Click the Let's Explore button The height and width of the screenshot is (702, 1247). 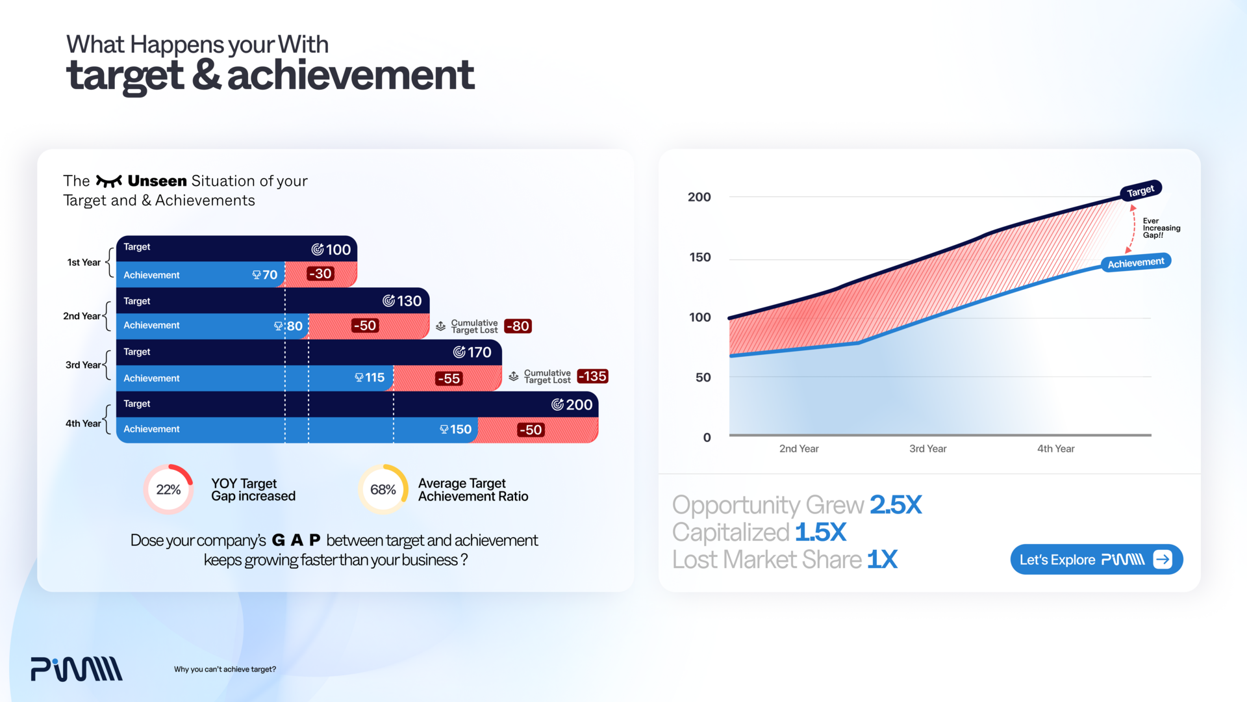(1096, 560)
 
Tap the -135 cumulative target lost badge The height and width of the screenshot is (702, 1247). (592, 376)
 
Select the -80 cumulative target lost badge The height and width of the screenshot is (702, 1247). (518, 326)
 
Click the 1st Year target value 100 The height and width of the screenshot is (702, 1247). (332, 250)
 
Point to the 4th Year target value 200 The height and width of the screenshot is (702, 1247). (572, 404)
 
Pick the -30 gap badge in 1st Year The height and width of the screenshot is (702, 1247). (320, 274)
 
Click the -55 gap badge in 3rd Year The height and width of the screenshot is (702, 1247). (449, 378)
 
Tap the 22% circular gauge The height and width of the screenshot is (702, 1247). (168, 489)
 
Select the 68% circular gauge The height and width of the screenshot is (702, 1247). (383, 489)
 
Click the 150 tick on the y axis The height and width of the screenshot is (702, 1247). (700, 257)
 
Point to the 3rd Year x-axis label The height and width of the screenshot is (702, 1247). (927, 448)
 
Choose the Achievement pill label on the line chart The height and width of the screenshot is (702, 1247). (1136, 263)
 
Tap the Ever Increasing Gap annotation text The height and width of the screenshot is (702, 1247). (1161, 228)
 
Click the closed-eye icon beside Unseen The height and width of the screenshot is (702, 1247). (108, 181)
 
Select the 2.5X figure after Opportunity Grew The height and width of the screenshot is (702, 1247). (896, 505)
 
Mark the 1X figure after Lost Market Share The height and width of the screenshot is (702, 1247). (882, 559)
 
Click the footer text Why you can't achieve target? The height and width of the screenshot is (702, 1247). (225, 669)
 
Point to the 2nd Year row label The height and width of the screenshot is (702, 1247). (81, 316)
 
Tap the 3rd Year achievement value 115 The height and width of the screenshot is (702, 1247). (370, 378)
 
